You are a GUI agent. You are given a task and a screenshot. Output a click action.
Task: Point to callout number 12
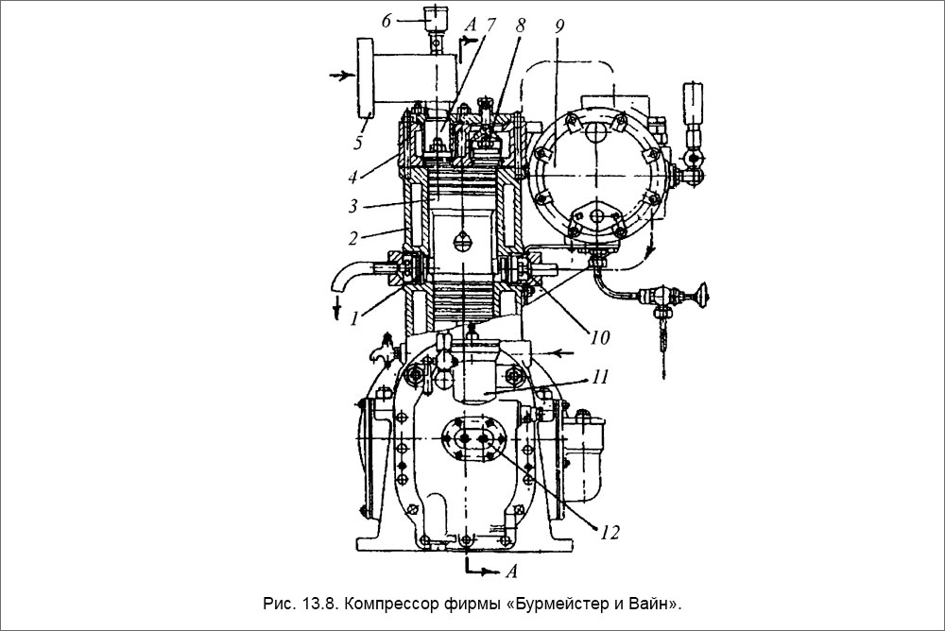(x=609, y=531)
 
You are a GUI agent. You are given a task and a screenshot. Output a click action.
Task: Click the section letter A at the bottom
(x=510, y=571)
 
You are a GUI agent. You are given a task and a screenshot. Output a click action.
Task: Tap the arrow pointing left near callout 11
(x=564, y=352)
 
